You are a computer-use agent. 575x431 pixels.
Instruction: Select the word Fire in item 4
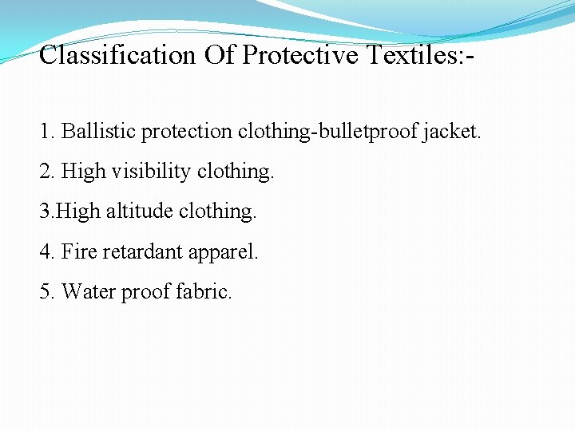click(79, 252)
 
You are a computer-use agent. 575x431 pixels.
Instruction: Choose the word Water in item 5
click(88, 292)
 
